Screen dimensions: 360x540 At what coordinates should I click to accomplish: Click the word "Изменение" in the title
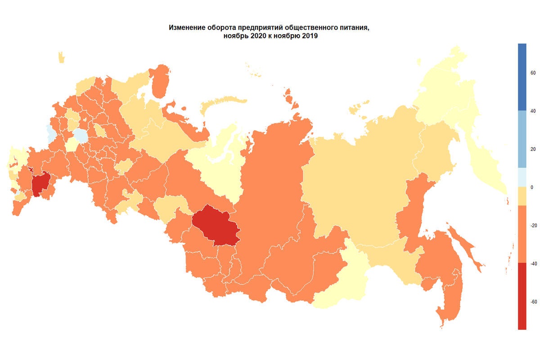point(185,28)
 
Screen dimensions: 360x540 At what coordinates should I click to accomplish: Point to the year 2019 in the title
point(309,37)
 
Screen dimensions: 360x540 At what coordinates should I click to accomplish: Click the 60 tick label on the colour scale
point(532,72)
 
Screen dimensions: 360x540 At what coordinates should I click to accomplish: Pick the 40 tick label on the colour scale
point(532,111)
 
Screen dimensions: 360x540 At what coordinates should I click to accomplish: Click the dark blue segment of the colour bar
point(522,76)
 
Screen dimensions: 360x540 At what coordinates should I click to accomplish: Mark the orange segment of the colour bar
point(522,234)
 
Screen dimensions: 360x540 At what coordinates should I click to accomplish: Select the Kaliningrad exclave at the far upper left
point(61,58)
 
